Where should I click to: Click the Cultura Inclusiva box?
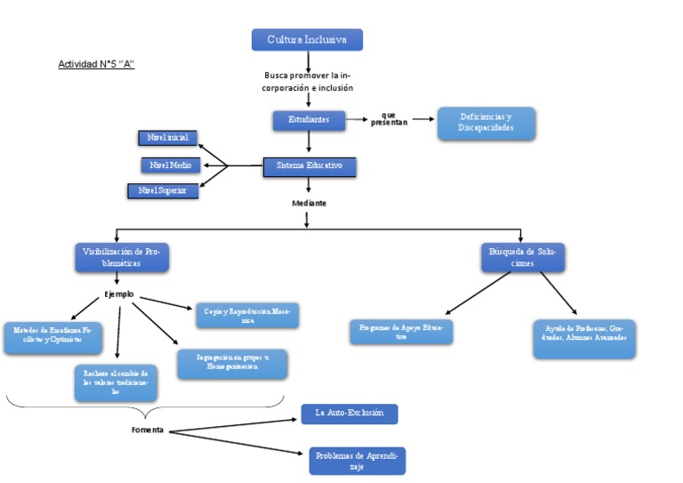tap(307, 40)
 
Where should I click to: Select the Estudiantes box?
tap(309, 119)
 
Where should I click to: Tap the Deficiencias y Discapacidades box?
tap(486, 124)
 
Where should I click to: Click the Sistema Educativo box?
tap(309, 166)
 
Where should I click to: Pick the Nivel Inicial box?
tap(168, 138)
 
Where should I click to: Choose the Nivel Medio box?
tap(171, 165)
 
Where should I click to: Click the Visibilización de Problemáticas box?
tap(121, 257)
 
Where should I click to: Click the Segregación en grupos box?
tap(231, 364)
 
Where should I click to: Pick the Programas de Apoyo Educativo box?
tap(401, 332)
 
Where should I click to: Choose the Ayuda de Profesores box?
tap(584, 339)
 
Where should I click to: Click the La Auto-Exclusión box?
tap(349, 414)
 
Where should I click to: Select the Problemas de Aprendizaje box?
tap(357, 460)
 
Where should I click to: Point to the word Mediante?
tap(309, 204)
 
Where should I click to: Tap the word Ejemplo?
tap(118, 294)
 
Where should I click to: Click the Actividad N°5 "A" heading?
tap(96, 64)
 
